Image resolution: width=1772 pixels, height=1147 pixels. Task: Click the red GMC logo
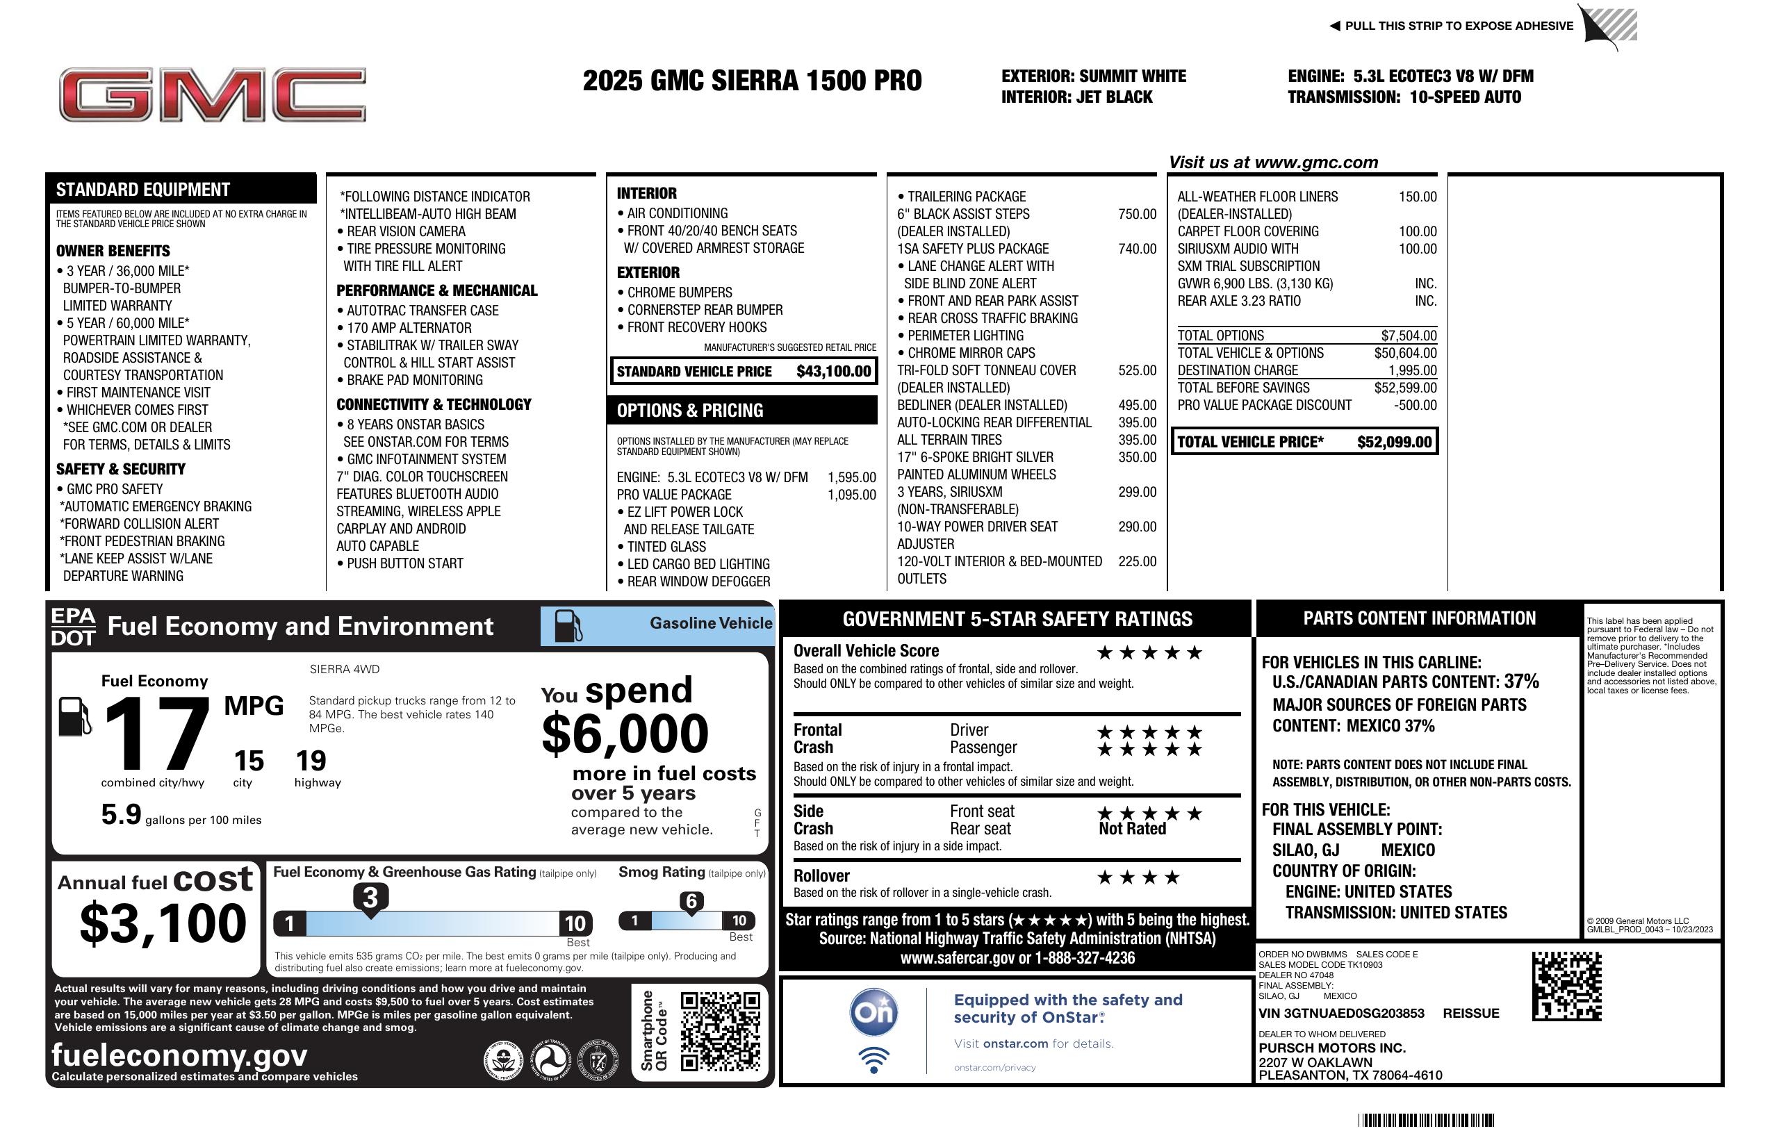[x=212, y=94]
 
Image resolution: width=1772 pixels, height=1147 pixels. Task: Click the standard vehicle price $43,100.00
[x=832, y=372]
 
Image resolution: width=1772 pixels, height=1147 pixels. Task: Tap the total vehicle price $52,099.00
[x=1393, y=442]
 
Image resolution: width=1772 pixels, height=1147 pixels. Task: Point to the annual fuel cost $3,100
[x=163, y=923]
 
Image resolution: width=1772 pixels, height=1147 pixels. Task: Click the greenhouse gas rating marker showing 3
[x=370, y=898]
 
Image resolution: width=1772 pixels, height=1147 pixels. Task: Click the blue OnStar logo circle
[x=873, y=1012]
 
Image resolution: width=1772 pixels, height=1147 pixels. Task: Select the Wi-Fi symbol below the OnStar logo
[x=873, y=1059]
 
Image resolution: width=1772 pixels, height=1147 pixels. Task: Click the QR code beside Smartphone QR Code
[x=720, y=1031]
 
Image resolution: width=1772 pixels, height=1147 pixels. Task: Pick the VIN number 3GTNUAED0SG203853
[x=1341, y=1014]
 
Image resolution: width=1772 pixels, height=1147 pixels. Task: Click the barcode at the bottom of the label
[x=1426, y=1120]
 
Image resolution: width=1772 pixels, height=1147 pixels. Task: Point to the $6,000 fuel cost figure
[x=625, y=734]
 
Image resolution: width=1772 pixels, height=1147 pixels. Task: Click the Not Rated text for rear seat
[x=1132, y=830]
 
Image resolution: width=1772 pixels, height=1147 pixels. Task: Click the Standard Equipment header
[x=143, y=190]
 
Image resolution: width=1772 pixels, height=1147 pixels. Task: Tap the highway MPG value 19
[x=311, y=761]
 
